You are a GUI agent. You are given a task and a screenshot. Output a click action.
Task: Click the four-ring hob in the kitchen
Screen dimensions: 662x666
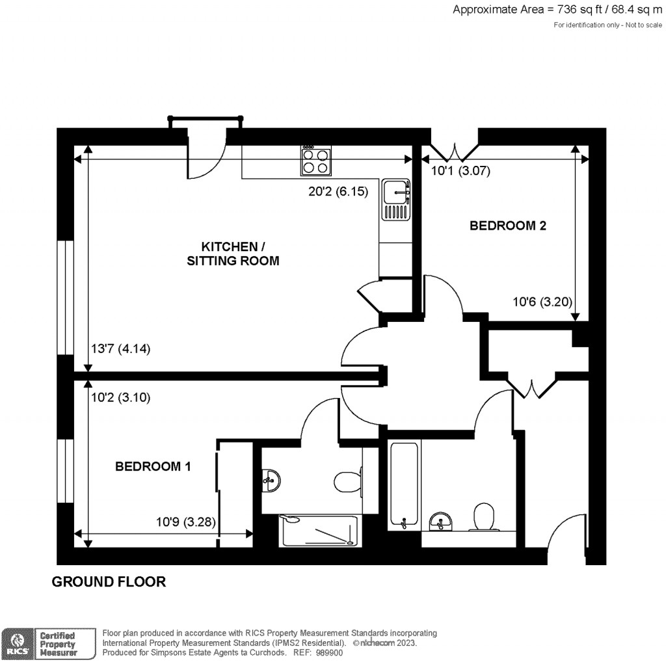pyautogui.click(x=315, y=161)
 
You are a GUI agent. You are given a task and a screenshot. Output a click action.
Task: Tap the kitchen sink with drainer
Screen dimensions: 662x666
pyautogui.click(x=397, y=200)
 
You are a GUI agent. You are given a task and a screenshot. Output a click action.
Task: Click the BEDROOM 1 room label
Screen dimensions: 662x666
pyautogui.click(x=153, y=466)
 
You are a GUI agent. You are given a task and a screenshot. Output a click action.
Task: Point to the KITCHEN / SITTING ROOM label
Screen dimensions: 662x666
pyautogui.click(x=233, y=254)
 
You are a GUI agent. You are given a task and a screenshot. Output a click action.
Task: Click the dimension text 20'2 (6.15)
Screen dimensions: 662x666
pyautogui.click(x=338, y=192)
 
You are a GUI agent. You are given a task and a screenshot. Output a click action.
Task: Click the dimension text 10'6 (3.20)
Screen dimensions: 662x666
pyautogui.click(x=543, y=302)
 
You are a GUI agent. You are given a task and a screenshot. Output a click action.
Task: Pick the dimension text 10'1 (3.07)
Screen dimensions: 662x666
pyautogui.click(x=460, y=172)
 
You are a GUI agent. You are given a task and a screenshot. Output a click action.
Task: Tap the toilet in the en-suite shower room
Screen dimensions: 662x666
pyautogui.click(x=348, y=482)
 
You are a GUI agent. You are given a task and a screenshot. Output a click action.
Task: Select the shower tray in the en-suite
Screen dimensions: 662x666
pyautogui.click(x=319, y=531)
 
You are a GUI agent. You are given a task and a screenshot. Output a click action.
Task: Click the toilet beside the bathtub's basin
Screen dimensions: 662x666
pyautogui.click(x=483, y=518)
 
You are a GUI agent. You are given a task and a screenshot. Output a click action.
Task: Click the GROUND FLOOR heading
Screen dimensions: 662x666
pyautogui.click(x=109, y=582)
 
